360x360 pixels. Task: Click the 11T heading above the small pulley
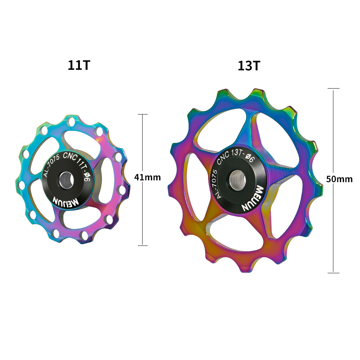[x=79, y=65]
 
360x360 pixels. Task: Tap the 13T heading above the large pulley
[x=249, y=66]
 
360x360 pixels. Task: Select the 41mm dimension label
[x=147, y=177]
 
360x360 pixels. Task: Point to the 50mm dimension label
[x=339, y=179]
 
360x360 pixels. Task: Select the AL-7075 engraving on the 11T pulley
[x=51, y=165]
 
